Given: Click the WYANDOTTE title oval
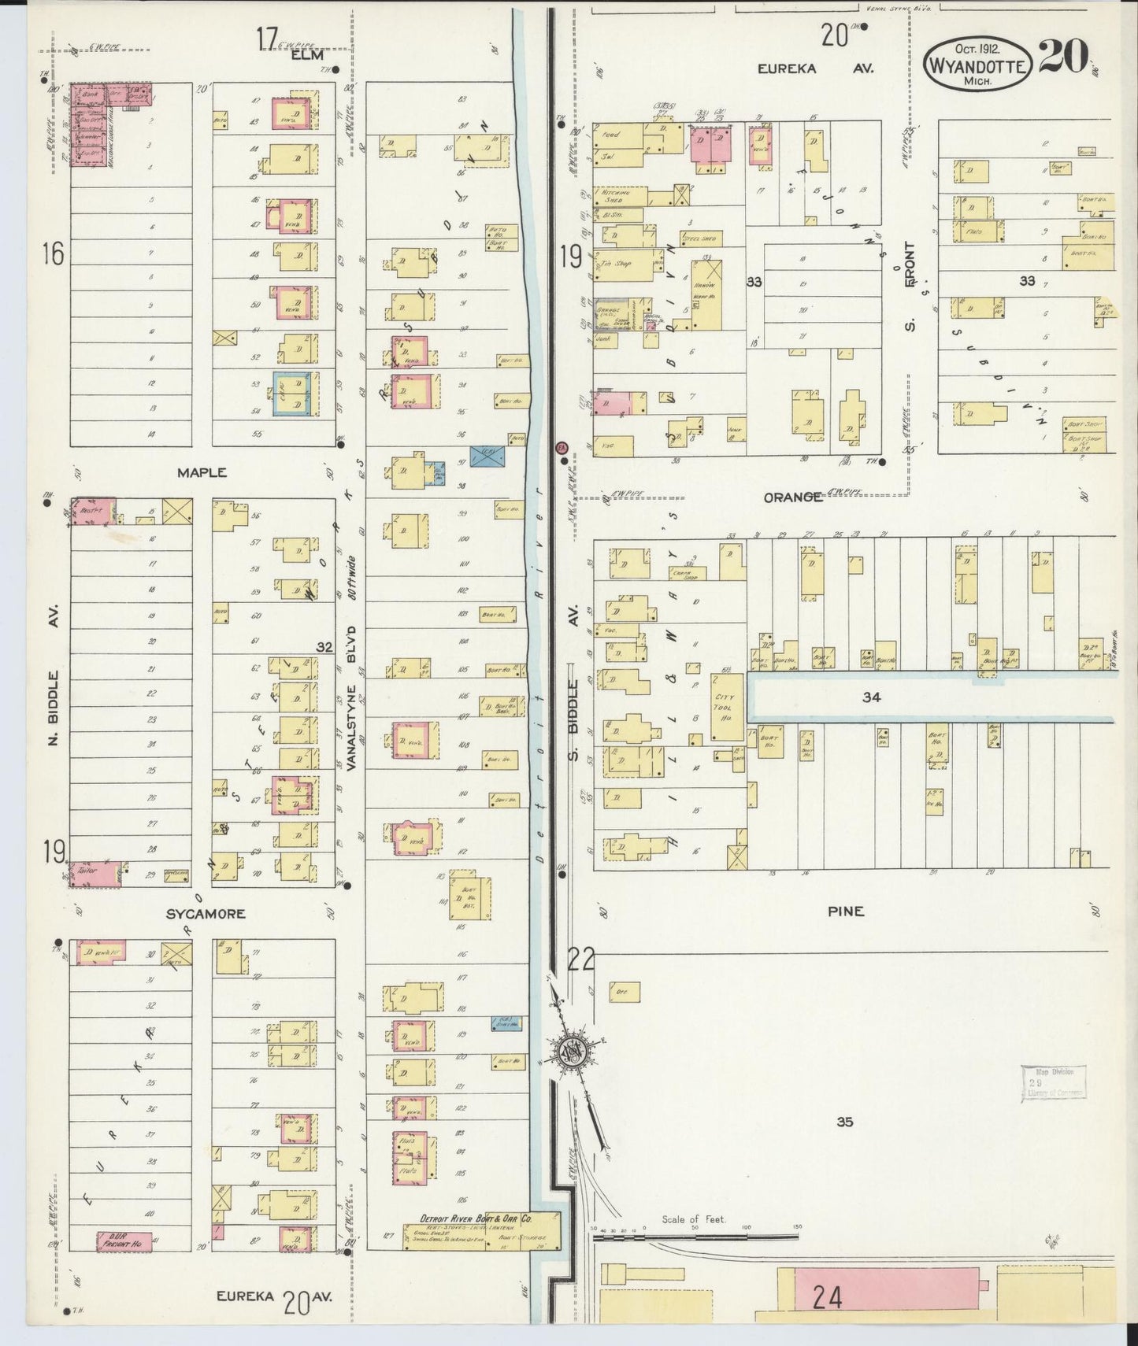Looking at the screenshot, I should (977, 67).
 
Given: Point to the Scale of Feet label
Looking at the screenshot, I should (693, 1219).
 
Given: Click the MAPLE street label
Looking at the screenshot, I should (202, 472).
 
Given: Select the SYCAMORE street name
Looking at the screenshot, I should (206, 914).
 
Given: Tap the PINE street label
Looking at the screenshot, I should (846, 911).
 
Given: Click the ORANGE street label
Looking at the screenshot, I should (793, 497).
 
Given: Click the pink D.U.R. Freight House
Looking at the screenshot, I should (124, 1241).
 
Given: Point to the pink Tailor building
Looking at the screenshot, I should (95, 873).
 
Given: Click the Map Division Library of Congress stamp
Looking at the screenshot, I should (1053, 1082).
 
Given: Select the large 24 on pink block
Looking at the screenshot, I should (827, 1296).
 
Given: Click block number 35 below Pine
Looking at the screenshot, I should (844, 1122).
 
